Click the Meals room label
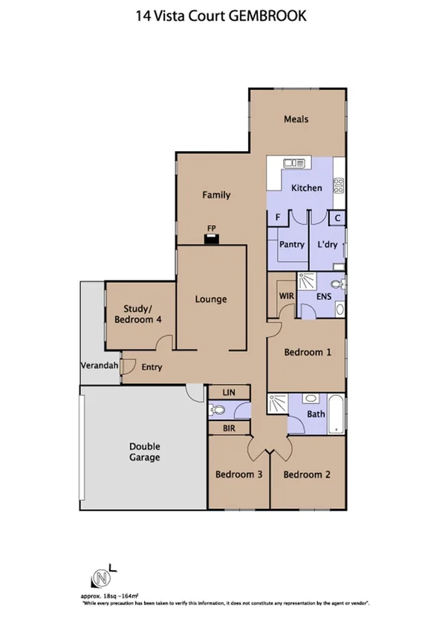click(296, 119)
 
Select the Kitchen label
click(306, 188)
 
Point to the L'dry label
click(328, 244)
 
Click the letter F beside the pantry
click(278, 217)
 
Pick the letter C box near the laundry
click(337, 218)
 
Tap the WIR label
click(287, 296)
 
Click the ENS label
click(323, 296)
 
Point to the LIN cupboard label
click(229, 392)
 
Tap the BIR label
click(229, 429)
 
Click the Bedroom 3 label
click(238, 474)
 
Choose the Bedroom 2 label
click(305, 474)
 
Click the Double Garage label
click(145, 452)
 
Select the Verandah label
click(99, 367)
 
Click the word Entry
click(152, 367)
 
